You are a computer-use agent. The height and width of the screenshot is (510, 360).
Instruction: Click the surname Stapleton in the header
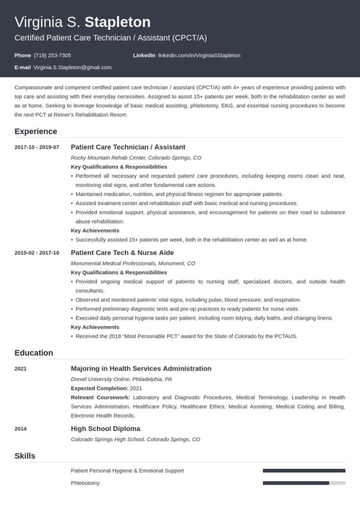click(x=117, y=22)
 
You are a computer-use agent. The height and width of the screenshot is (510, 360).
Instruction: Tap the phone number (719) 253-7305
click(x=52, y=55)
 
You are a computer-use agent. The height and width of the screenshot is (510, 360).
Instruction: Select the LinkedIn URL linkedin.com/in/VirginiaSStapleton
click(x=199, y=55)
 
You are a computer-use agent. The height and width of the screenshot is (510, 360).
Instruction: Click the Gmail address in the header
click(x=72, y=68)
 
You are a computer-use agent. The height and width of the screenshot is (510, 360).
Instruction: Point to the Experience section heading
click(x=36, y=131)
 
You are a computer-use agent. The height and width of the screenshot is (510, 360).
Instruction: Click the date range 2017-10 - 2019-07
click(x=37, y=148)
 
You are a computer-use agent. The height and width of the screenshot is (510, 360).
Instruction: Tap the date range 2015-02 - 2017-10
click(x=37, y=253)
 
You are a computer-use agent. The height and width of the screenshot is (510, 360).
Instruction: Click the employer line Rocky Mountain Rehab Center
click(x=136, y=158)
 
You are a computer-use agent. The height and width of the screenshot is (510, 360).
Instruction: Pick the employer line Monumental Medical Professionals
click(x=133, y=263)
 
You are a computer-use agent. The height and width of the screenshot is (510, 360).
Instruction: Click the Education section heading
click(x=34, y=353)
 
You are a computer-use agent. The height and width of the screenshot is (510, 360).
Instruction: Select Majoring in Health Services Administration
click(x=141, y=369)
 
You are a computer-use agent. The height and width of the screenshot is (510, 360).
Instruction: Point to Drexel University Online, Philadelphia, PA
click(x=121, y=379)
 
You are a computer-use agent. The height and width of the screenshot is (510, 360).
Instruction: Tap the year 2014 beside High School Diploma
click(x=21, y=429)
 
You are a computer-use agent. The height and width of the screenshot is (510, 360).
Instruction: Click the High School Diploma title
click(x=105, y=428)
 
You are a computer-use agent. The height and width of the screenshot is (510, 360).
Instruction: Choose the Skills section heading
click(x=25, y=456)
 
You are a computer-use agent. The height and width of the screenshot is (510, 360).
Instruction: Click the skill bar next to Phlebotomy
click(x=304, y=483)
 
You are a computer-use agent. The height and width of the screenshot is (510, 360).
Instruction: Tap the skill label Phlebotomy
click(x=85, y=483)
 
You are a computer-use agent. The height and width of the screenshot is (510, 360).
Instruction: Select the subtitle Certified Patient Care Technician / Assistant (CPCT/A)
click(x=110, y=38)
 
